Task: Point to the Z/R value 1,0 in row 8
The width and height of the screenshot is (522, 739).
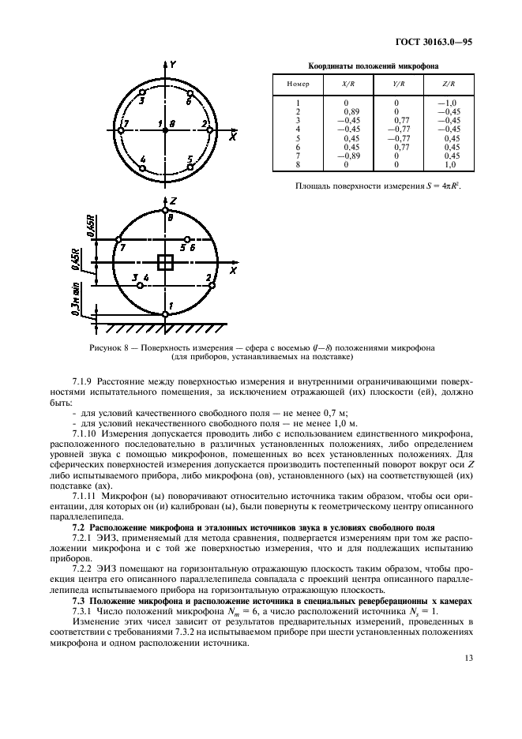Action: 452,164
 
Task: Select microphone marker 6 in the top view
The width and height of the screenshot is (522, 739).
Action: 190,93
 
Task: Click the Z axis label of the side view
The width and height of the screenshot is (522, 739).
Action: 172,201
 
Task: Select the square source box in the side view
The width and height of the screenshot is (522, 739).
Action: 165,263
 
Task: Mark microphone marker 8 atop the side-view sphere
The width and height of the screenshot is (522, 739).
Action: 165,211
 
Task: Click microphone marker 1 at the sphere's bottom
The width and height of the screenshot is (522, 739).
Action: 165,314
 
